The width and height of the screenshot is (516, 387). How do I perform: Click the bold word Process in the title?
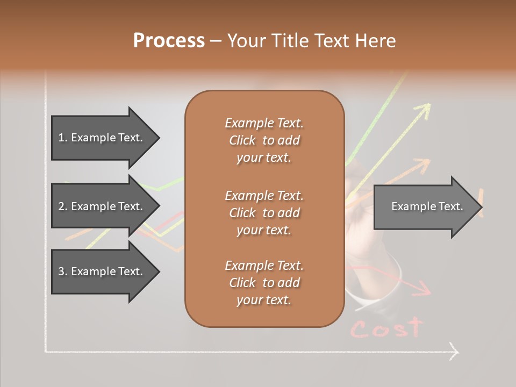click(169, 41)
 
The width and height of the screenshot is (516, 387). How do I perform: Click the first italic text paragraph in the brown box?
click(264, 140)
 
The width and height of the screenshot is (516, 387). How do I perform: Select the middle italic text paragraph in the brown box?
click(264, 212)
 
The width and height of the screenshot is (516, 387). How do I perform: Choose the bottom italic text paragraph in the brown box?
click(264, 283)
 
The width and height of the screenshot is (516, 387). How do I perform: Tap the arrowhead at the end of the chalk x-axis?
click(454, 352)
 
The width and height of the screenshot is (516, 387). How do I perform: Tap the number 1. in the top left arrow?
click(63, 138)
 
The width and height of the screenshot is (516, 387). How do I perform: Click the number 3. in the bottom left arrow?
click(63, 271)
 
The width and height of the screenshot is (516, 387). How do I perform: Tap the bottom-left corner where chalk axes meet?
click(46, 352)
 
